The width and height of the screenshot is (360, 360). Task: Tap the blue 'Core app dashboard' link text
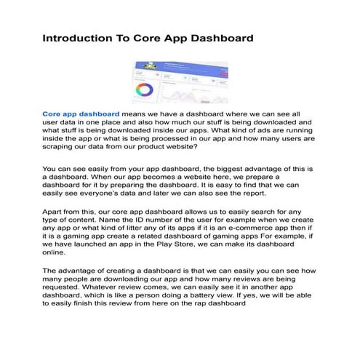tap(81, 114)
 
